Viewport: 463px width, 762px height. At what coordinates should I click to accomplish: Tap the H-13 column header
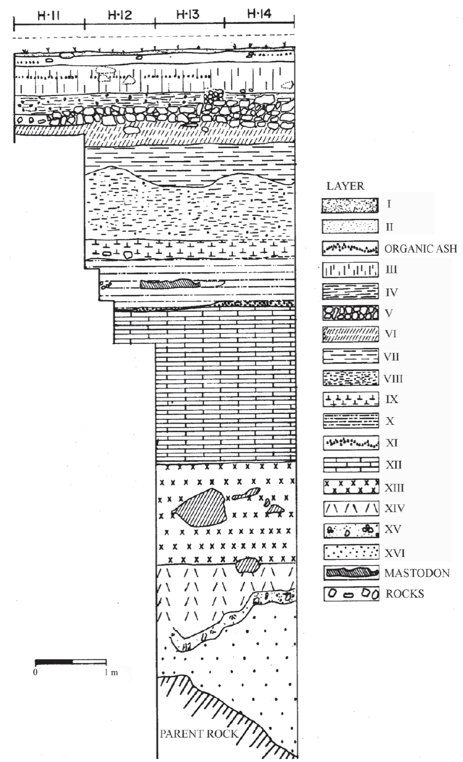click(x=188, y=14)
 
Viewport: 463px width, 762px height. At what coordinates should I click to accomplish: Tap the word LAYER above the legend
click(x=346, y=186)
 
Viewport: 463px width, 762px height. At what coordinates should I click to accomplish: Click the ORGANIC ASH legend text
click(x=421, y=249)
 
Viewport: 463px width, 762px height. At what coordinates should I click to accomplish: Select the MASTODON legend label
click(x=417, y=573)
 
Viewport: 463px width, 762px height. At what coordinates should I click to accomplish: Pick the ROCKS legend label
click(x=404, y=594)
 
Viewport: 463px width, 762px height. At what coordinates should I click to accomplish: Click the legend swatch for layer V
click(x=351, y=312)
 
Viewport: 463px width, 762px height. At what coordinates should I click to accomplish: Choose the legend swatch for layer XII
click(x=351, y=465)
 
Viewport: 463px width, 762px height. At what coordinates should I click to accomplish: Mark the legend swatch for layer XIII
click(x=351, y=487)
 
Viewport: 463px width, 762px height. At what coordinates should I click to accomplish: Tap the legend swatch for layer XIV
click(x=351, y=509)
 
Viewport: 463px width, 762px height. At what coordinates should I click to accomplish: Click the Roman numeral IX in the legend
click(x=392, y=399)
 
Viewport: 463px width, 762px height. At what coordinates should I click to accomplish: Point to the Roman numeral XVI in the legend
click(x=394, y=553)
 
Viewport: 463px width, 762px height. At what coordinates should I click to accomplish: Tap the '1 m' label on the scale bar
click(x=111, y=672)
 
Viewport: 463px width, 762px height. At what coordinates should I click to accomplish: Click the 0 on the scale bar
click(x=35, y=672)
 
